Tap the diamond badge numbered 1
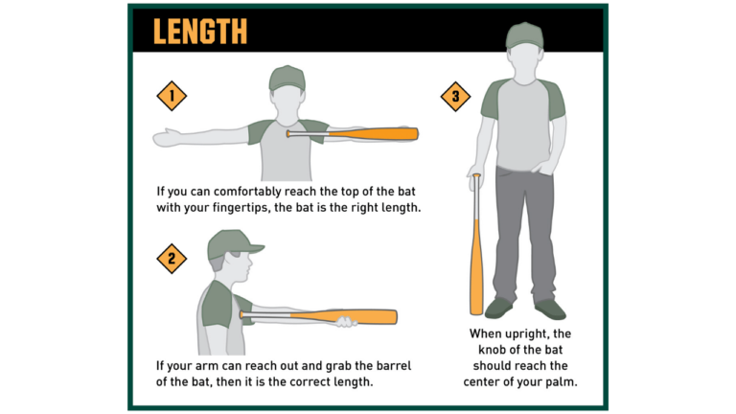pos(171,96)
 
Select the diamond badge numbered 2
pos(171,258)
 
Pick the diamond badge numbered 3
pos(455,96)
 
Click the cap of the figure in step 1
pos(287,78)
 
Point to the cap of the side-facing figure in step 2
pos(232,243)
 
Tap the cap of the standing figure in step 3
pos(524,35)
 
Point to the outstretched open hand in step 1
pos(170,137)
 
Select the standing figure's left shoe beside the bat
pos(498,308)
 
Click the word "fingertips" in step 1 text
pos(264,206)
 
